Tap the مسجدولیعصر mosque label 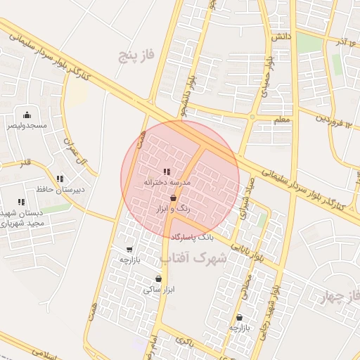(x=27, y=125)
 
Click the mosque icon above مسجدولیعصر (x=27, y=115)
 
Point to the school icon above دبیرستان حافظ (x=60, y=179)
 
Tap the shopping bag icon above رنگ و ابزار (x=173, y=199)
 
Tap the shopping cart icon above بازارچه (x=129, y=249)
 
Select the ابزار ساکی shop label (x=159, y=289)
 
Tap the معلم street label (x=281, y=120)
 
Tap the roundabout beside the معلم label (x=252, y=117)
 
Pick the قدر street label (x=26, y=163)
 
